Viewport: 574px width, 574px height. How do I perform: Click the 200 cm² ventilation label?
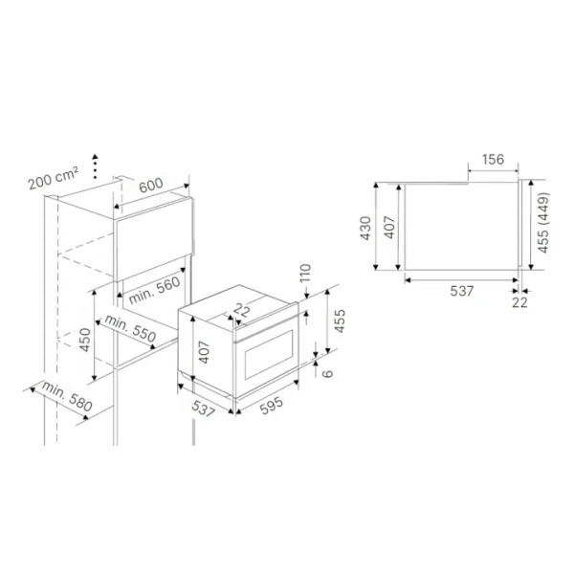coord(54,178)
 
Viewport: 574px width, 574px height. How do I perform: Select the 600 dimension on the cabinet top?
coord(151,186)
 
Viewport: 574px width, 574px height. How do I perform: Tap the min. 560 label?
coord(154,290)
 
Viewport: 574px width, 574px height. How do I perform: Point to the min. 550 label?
coord(130,328)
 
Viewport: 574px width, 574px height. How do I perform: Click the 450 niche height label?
coord(85,340)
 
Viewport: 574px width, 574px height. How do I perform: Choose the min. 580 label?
coord(67,396)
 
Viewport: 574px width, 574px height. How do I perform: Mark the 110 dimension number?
coord(305,273)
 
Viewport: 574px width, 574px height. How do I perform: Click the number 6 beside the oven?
coord(329,373)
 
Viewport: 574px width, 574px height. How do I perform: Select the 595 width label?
coord(272,406)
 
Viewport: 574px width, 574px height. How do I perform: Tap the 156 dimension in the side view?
coord(493,160)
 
